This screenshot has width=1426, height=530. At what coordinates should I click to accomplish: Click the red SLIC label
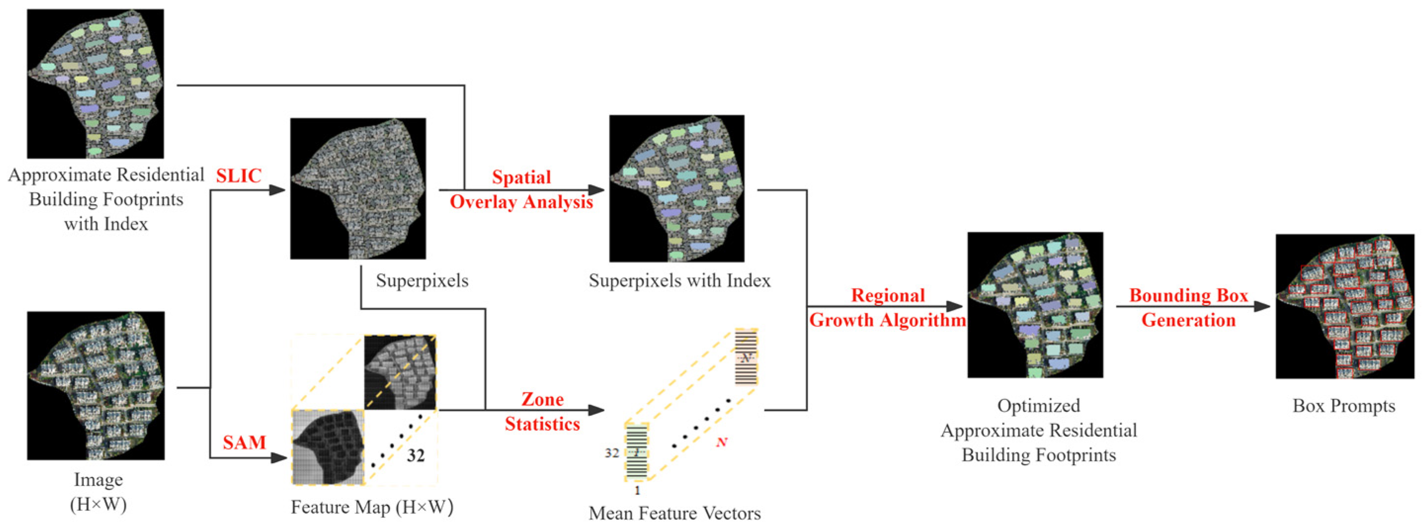click(238, 176)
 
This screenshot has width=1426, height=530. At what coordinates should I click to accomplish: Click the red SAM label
click(244, 443)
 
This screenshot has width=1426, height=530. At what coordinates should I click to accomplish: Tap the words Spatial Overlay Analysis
click(521, 189)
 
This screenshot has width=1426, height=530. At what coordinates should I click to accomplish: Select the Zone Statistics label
click(542, 411)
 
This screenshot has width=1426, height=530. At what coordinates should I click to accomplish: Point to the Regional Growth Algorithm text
click(888, 308)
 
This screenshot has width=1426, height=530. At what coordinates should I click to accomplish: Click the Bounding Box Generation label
click(1188, 308)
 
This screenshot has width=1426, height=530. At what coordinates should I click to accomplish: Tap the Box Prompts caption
click(1343, 406)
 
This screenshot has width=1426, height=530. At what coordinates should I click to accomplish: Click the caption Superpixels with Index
click(679, 281)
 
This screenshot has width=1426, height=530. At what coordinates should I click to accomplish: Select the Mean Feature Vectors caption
click(674, 513)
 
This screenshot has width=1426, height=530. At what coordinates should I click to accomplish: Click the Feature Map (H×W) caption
click(372, 507)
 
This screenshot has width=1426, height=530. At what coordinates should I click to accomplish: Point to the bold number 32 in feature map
click(416, 456)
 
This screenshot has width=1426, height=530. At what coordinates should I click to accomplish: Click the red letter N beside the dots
click(721, 442)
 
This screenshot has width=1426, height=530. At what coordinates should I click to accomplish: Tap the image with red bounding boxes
click(1345, 306)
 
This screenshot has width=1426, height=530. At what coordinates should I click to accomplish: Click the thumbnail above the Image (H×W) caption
click(96, 385)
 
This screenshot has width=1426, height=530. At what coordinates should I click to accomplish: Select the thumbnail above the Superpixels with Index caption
click(677, 188)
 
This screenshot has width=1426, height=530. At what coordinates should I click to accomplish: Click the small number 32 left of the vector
click(611, 453)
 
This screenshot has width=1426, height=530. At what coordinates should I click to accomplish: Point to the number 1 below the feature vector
click(637, 490)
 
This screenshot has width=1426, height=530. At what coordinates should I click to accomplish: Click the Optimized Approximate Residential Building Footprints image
click(1035, 305)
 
